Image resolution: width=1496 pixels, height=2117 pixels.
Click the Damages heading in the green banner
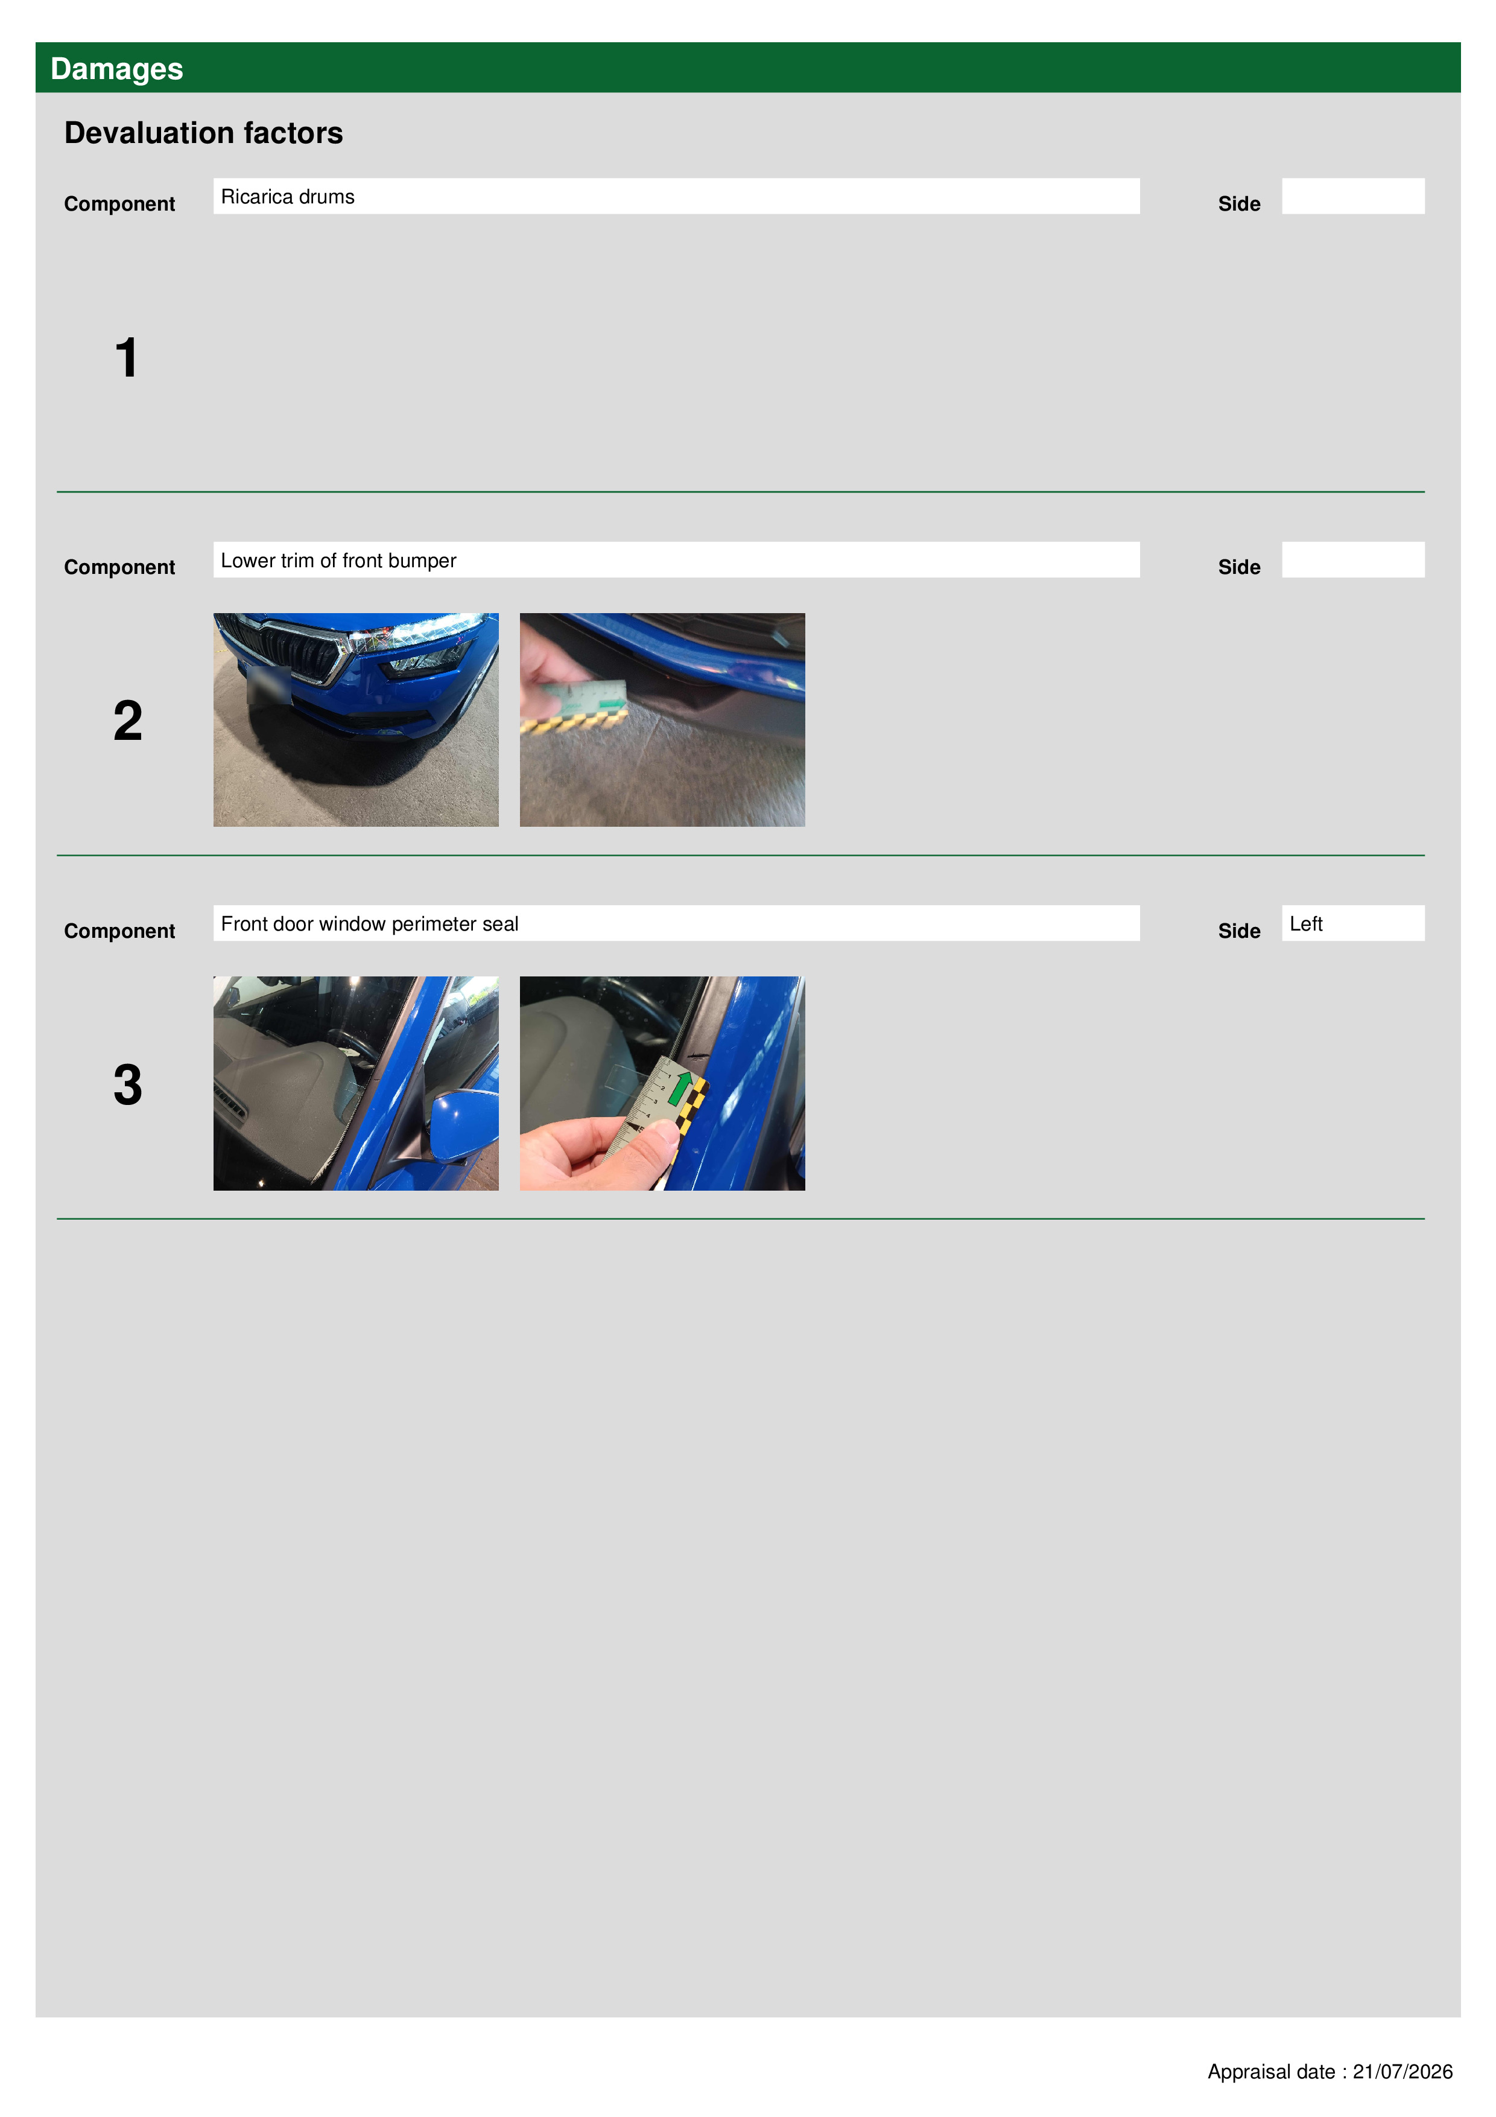[x=116, y=69]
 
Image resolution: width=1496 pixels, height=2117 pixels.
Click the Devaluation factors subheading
[x=204, y=133]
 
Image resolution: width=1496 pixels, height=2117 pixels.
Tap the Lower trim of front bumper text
[x=338, y=561]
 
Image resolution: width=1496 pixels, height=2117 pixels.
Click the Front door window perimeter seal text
[x=370, y=924]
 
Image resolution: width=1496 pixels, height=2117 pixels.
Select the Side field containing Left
[x=1352, y=923]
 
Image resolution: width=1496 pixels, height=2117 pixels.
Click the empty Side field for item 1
[x=1352, y=196]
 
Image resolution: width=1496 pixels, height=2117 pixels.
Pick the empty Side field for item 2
[x=1352, y=559]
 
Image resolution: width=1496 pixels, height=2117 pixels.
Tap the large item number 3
[x=128, y=1084]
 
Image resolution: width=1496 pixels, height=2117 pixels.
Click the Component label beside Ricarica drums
[x=119, y=204]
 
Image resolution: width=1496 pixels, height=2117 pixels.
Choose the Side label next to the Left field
[x=1239, y=931]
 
